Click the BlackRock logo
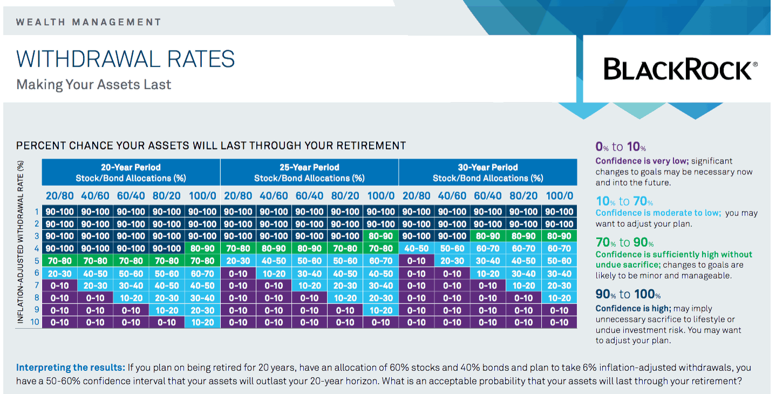680,69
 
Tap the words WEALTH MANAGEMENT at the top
89,22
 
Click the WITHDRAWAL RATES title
125,59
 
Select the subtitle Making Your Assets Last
93,85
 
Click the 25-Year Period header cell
309,172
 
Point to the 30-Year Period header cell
488,172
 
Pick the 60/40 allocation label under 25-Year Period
309,196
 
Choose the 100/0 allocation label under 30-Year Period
560,196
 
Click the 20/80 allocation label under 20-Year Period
59,196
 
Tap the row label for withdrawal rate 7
37,286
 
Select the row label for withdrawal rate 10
35,322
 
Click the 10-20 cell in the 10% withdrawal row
202,322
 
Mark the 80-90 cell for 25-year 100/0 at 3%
381,236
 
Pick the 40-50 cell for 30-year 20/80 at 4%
417,248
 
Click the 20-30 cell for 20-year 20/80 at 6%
59,274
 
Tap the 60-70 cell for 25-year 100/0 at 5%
381,261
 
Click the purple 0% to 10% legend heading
621,147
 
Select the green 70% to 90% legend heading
624,242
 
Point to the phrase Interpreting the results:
71,368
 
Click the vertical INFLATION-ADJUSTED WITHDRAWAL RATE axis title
21,242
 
